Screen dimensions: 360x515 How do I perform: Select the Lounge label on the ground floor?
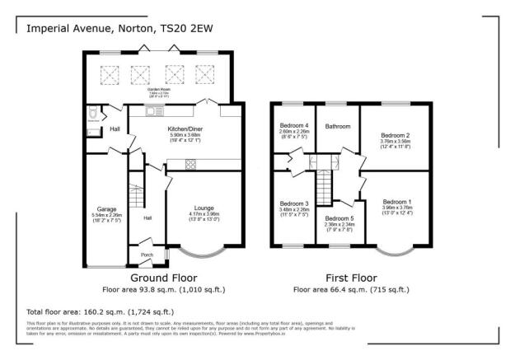coord(204,208)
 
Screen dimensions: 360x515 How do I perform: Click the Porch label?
coord(147,255)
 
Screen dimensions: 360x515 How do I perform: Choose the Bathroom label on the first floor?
coord(338,127)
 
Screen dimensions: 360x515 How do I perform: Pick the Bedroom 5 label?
coord(339,217)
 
